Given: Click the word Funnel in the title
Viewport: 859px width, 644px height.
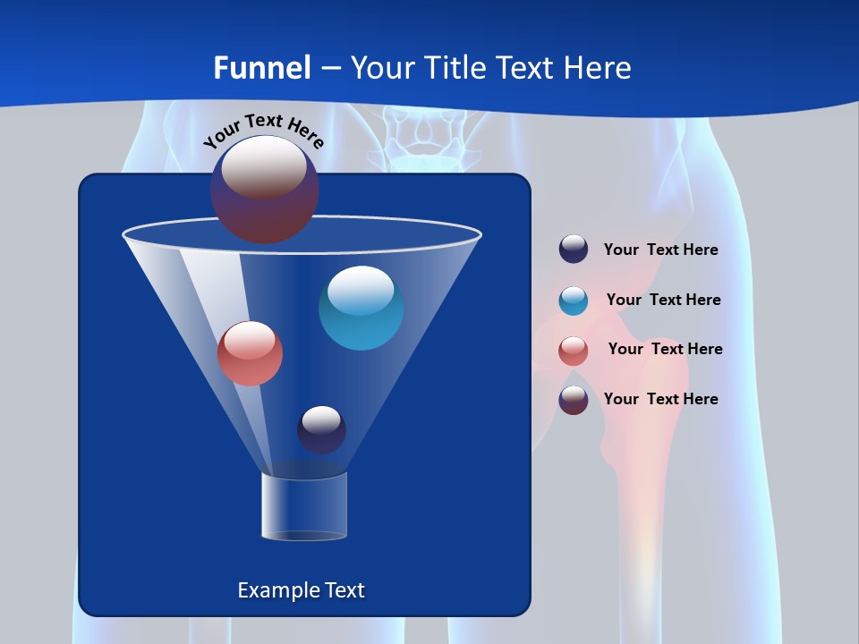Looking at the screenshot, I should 261,68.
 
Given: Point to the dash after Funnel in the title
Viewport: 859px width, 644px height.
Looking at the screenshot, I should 330,69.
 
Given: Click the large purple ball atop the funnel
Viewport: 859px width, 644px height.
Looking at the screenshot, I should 265,189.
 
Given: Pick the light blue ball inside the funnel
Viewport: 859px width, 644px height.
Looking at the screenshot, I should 361,308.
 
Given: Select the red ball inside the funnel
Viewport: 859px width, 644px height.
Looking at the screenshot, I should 250,353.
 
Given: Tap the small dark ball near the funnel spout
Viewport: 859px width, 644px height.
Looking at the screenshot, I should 321,429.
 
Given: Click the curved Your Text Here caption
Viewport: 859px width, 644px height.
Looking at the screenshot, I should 263,131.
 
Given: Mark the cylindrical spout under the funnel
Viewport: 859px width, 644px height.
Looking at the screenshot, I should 303,506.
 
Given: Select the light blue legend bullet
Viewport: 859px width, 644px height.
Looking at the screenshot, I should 574,301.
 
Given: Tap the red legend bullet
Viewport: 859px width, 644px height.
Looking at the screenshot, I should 574,351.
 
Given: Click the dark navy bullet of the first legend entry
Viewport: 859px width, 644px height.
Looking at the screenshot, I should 574,249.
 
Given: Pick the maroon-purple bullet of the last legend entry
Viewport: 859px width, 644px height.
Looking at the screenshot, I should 574,400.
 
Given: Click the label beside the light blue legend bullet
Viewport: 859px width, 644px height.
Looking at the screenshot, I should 663,300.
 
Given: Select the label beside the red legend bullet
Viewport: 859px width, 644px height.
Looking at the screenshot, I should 665,349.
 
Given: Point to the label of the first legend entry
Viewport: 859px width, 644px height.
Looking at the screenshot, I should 660,250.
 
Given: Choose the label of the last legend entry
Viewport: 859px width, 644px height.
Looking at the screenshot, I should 660,399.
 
